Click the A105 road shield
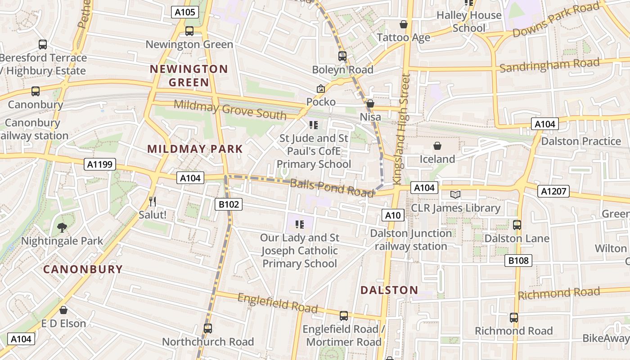[x=185, y=12]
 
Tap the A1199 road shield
[x=100, y=165]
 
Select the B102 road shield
[x=229, y=205]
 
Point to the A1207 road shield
[x=553, y=192]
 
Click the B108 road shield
[x=518, y=260]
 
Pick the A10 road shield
[x=393, y=216]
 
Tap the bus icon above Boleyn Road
[x=342, y=56]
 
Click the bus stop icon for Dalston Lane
[x=517, y=225]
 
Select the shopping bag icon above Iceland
[x=437, y=146]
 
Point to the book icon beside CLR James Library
[x=455, y=194]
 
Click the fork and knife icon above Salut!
[x=153, y=201]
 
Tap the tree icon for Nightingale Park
[x=62, y=228]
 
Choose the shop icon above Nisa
[x=370, y=104]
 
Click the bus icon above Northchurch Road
[x=207, y=328]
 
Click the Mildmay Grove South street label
[x=230, y=109]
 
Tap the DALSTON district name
[x=389, y=290]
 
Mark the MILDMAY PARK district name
[x=195, y=149]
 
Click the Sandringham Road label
[x=549, y=65]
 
